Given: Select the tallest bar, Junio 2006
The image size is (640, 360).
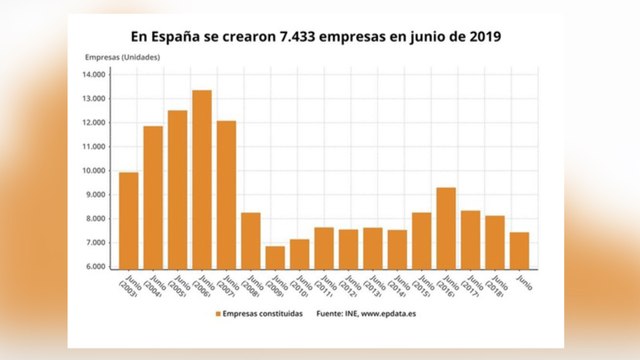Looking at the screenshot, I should coord(202,179).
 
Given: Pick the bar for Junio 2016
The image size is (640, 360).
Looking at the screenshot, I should coord(446,228).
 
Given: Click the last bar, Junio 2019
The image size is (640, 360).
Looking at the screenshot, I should coord(519,250).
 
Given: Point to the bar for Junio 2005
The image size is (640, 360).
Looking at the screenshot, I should coord(177,189).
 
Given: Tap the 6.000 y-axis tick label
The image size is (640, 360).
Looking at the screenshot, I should coord(95,267).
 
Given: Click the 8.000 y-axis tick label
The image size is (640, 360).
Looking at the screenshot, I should coord(95,219).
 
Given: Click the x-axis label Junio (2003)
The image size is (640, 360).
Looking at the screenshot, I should coord(128,285).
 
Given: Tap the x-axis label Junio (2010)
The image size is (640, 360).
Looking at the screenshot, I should coord(299,285).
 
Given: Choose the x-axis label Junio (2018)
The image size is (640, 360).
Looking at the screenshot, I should coord(494,285).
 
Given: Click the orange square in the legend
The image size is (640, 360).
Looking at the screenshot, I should coord(217,314).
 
